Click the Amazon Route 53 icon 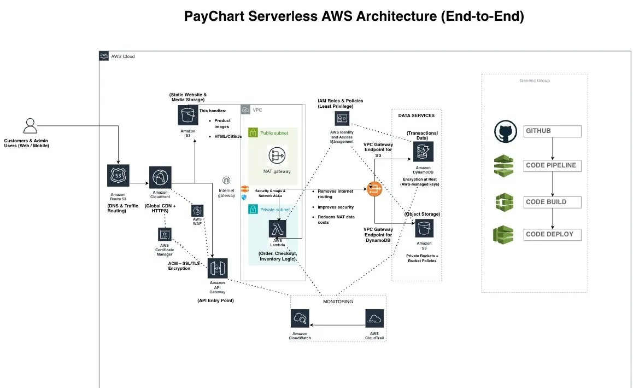click(118, 176)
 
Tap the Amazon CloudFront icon click(160, 177)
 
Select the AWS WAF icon click(197, 211)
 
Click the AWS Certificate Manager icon click(165, 234)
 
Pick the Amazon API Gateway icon click(218, 268)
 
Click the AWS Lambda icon click(278, 229)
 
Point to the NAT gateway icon click(277, 155)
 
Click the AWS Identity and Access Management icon click(342, 119)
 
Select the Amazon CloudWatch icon click(300, 318)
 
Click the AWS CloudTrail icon click(374, 318)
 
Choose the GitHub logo click(506, 131)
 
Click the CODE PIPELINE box click(552, 166)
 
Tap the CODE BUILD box click(552, 202)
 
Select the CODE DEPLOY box click(552, 235)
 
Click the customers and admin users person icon click(30, 126)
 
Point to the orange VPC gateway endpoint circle click(374, 189)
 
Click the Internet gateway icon click(226, 180)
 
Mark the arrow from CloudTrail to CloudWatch click(337, 325)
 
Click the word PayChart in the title click(214, 16)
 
